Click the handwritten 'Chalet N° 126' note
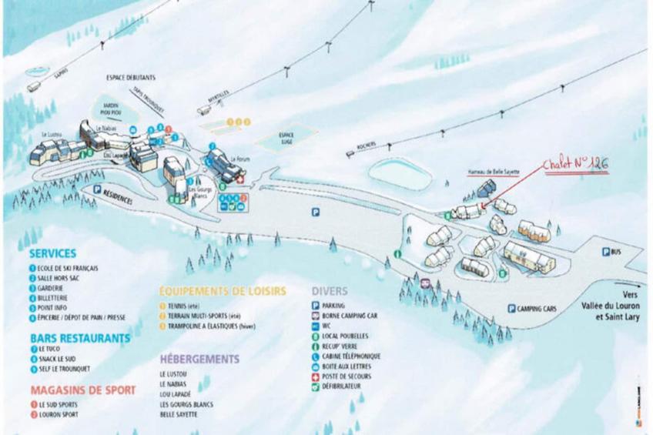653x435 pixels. pyautogui.click(x=575, y=165)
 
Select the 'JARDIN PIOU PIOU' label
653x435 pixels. pyautogui.click(x=112, y=108)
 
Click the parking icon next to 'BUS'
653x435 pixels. pyautogui.click(x=605, y=252)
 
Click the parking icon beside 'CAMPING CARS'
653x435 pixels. pyautogui.click(x=511, y=309)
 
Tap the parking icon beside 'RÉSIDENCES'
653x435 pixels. pyautogui.click(x=97, y=189)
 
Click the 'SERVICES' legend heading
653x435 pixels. pyautogui.click(x=52, y=253)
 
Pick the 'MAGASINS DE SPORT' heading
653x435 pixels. pyautogui.click(x=83, y=390)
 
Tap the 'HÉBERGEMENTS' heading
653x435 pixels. pyautogui.click(x=199, y=359)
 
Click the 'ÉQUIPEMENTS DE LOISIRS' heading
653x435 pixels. pyautogui.click(x=222, y=291)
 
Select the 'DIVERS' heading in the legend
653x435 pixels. pyautogui.click(x=330, y=292)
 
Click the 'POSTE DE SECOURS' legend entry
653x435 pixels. pyautogui.click(x=347, y=376)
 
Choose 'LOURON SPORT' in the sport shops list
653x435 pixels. pyautogui.click(x=57, y=414)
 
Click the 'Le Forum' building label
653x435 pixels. pyautogui.click(x=239, y=159)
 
